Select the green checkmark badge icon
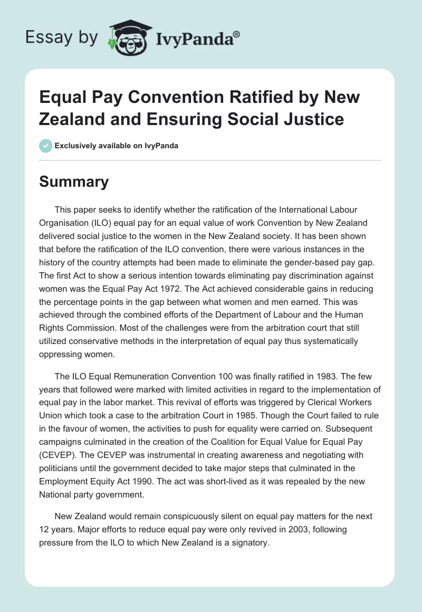[x=46, y=146]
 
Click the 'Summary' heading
[x=74, y=182]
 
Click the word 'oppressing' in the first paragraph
[x=61, y=355]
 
